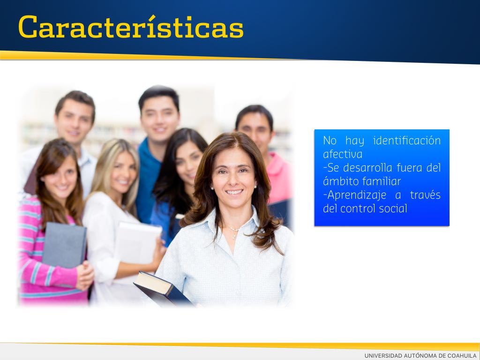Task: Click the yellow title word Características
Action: [x=131, y=26]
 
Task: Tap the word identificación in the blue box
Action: [x=407, y=141]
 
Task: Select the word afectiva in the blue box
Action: [x=343, y=154]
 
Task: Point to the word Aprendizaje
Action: [x=357, y=195]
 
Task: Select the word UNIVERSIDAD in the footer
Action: [x=383, y=355]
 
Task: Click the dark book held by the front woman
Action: [x=162, y=289]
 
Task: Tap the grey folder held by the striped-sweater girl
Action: [x=64, y=245]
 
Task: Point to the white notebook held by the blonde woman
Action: [x=138, y=242]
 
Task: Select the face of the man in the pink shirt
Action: [x=255, y=132]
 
